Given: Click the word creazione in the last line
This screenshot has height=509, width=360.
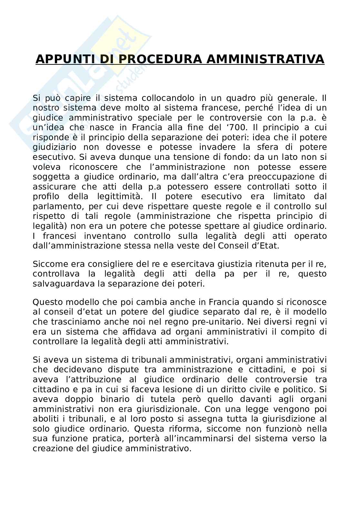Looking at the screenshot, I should [x=53, y=448].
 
